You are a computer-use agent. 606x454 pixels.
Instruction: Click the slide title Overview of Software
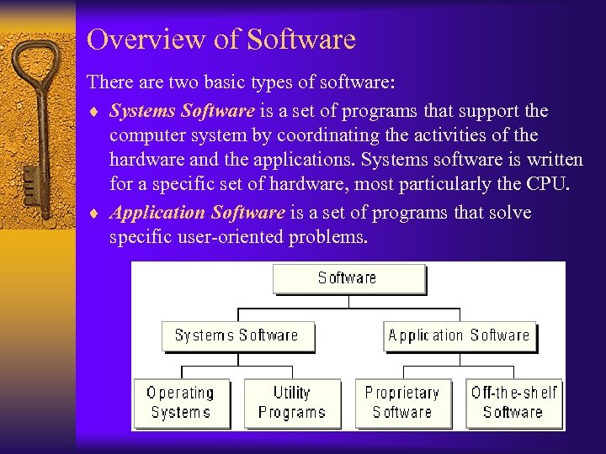click(221, 40)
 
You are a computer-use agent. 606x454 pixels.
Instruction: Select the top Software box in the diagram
click(348, 278)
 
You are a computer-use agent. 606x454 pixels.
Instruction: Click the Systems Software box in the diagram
click(237, 335)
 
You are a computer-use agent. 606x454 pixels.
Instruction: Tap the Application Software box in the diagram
click(459, 335)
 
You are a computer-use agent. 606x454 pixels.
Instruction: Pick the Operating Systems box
click(180, 403)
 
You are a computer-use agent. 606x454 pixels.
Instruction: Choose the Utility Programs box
click(291, 403)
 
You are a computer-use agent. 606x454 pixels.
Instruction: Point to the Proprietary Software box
click(401, 403)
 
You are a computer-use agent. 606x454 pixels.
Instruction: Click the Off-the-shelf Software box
click(513, 403)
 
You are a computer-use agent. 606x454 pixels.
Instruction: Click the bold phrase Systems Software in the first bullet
click(182, 111)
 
